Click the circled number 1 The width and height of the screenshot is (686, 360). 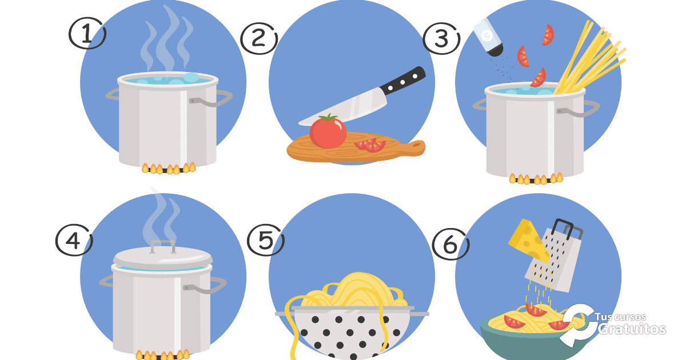pos(87,34)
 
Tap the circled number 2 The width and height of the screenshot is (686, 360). pos(259,39)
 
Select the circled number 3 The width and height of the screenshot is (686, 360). pos(442,39)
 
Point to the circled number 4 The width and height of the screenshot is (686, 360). pos(74,241)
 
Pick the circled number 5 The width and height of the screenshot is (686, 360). pos(265,240)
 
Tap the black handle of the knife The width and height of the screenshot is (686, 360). pos(402,81)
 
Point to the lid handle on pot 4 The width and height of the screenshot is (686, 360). pos(163,246)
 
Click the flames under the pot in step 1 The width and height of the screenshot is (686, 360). pos(169,168)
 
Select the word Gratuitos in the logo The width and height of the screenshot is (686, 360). pos(631,329)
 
